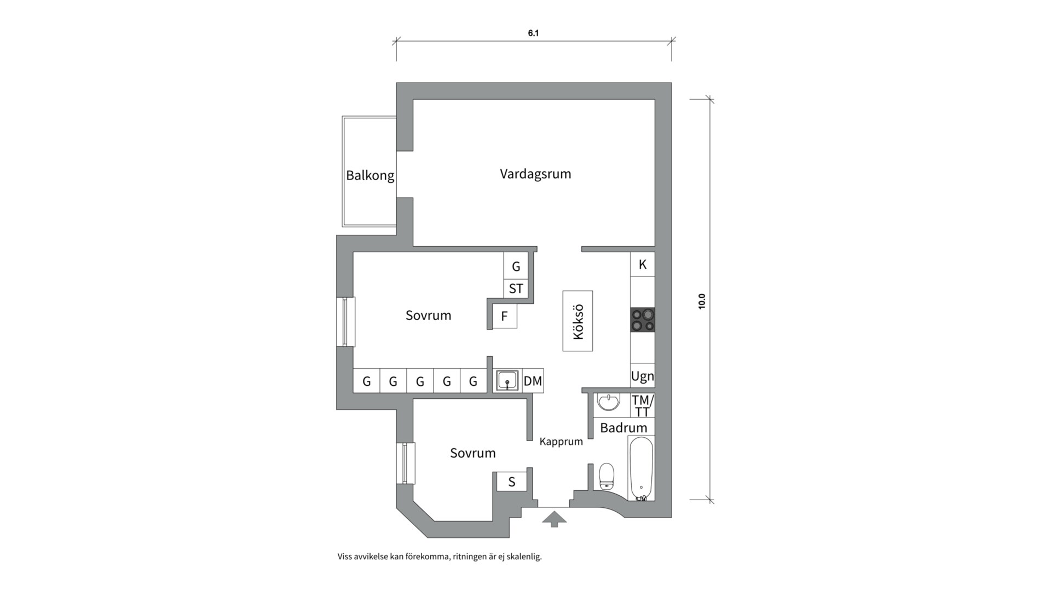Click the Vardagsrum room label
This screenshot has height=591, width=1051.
[x=535, y=174]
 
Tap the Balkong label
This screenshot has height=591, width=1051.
[x=370, y=176]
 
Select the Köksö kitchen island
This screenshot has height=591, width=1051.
[x=578, y=321]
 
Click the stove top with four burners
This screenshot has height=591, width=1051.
[x=643, y=320]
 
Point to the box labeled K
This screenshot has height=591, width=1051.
[x=643, y=264]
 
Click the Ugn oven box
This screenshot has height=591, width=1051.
[x=642, y=376]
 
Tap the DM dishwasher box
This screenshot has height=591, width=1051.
[x=533, y=381]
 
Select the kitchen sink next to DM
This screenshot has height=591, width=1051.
[x=508, y=380]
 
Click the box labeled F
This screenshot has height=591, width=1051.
[x=504, y=316]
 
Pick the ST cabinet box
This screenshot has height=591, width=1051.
[x=516, y=288]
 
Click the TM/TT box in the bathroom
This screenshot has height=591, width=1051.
[x=642, y=405]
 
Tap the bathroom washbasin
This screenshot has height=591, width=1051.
[x=608, y=402]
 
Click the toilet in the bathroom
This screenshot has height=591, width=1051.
[x=607, y=476]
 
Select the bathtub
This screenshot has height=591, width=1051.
[x=641, y=469]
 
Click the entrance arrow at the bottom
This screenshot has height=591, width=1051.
[x=554, y=518]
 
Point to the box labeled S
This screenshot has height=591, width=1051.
[x=512, y=482]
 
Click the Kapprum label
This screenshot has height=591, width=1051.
[x=561, y=442]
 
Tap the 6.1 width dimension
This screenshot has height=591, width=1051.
[x=533, y=33]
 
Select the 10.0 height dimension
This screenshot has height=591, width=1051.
[x=702, y=302]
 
